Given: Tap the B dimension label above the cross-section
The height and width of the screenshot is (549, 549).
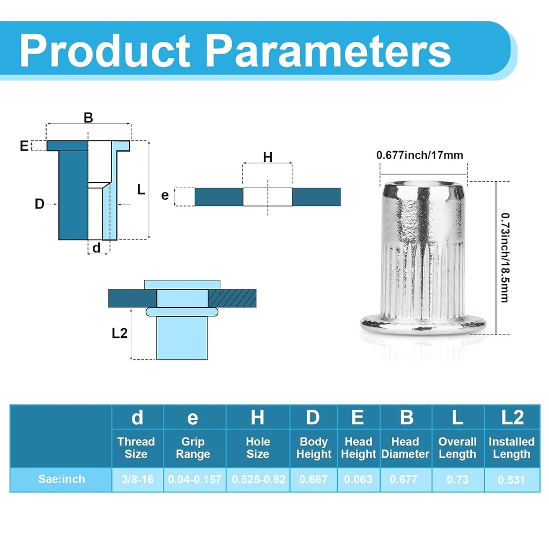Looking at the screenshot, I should click(x=88, y=118).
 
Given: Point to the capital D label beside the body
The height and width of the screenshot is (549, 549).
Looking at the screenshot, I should click(x=39, y=204).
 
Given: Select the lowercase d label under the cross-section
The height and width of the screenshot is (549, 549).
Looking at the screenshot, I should click(x=97, y=248).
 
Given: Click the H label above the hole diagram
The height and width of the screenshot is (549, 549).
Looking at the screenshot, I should click(x=268, y=157).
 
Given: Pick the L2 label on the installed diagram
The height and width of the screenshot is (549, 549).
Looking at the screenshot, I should click(x=120, y=333).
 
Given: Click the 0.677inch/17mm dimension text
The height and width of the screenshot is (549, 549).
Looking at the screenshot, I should click(x=419, y=155).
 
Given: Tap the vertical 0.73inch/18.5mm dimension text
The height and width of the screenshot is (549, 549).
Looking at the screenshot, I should click(x=504, y=257).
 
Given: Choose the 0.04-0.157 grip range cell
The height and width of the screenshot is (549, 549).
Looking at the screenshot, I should click(x=195, y=479).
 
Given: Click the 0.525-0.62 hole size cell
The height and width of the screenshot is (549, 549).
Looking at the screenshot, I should click(x=258, y=479).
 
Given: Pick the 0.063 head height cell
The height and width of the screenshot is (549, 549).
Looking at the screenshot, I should click(x=358, y=479).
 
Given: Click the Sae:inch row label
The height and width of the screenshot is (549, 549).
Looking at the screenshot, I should click(x=61, y=479).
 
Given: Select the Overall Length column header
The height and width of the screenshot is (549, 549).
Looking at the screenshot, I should click(x=457, y=448).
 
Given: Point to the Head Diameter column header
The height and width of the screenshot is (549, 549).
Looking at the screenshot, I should click(x=405, y=448).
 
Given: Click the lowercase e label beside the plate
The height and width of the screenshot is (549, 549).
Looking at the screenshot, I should click(x=165, y=196).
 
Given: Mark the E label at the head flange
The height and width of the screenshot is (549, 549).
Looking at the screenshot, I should click(x=24, y=146).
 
